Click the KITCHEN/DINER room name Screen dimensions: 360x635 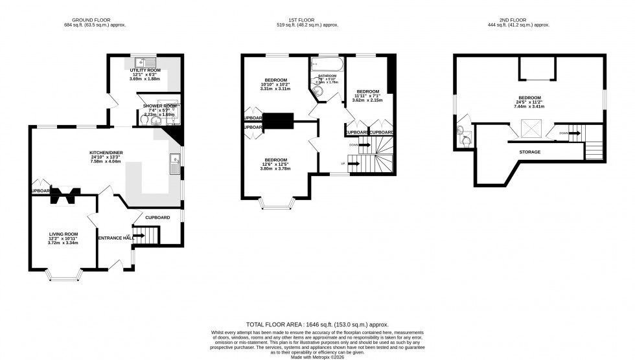tap(106, 153)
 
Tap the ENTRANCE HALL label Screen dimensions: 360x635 tap(115, 238)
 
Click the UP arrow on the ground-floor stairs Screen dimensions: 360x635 tap(139, 236)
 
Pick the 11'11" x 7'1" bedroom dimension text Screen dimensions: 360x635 tap(367, 96)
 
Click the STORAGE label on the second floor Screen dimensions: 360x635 tap(529, 152)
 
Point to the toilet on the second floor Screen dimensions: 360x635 tap(463, 135)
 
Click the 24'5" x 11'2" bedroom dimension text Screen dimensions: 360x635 tap(530, 102)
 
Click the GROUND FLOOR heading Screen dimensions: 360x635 tap(95, 19)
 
